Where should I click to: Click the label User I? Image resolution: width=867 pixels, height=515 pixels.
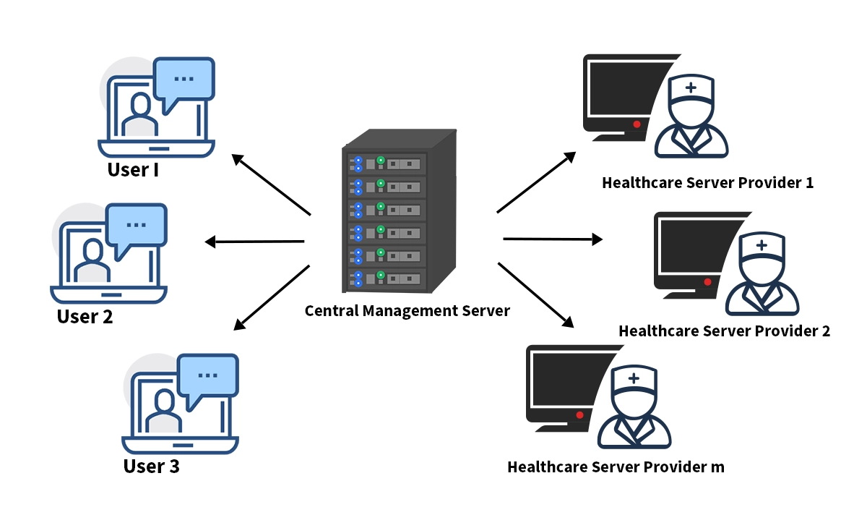click(133, 170)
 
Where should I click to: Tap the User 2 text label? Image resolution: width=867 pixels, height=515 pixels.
click(85, 317)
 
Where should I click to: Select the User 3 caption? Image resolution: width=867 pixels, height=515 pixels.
click(151, 467)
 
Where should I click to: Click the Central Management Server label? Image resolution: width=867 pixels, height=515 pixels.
click(407, 311)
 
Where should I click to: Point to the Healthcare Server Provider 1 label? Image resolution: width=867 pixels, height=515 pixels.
click(707, 182)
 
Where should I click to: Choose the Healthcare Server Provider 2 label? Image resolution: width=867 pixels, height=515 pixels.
click(724, 331)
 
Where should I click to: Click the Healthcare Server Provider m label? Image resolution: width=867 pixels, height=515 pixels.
click(616, 467)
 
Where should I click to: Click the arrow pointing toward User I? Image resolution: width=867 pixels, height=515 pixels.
click(271, 184)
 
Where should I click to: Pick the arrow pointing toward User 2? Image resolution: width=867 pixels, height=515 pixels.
click(254, 242)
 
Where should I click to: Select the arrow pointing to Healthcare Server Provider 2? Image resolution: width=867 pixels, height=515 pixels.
click(552, 239)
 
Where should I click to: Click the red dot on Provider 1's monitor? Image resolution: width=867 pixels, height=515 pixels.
click(637, 124)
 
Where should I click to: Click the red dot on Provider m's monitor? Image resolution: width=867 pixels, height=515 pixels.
click(579, 415)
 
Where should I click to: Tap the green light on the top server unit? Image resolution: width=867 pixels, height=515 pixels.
click(380, 160)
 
